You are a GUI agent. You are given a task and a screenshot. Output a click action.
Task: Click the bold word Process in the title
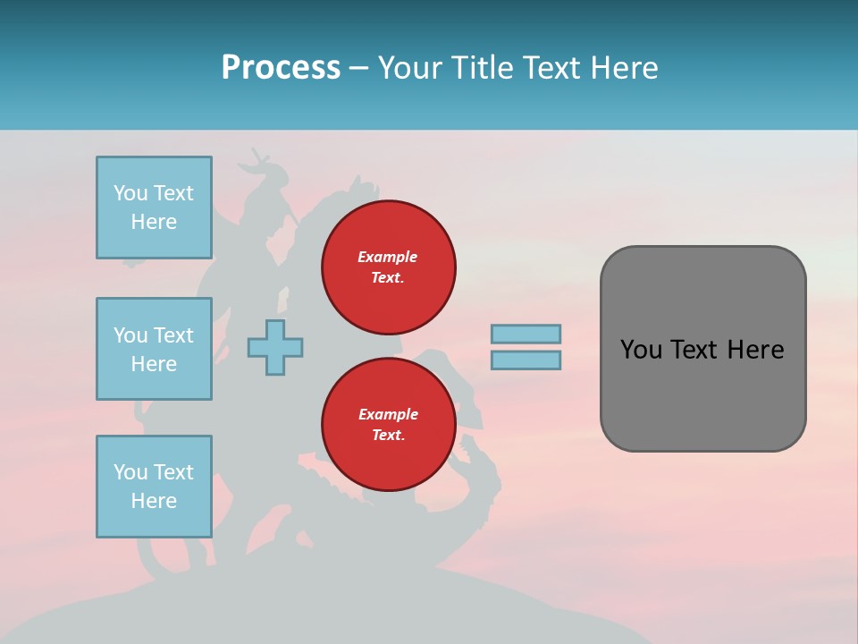(x=281, y=68)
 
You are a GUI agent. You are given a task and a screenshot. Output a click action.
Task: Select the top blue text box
(x=154, y=208)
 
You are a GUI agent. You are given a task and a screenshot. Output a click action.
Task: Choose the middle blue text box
(x=154, y=349)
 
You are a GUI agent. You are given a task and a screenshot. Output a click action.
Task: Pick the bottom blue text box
(x=154, y=487)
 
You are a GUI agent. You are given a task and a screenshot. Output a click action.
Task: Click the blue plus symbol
(x=275, y=347)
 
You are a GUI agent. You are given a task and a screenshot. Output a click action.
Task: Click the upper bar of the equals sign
(x=526, y=334)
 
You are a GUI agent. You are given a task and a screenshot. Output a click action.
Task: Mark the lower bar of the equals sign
(x=526, y=360)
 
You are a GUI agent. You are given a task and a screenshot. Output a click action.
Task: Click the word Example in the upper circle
(x=387, y=257)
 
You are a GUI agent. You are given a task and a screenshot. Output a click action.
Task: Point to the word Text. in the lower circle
(x=388, y=436)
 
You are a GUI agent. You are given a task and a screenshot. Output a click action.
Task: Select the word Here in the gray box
(x=756, y=350)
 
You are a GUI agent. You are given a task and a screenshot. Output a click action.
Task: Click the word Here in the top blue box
(x=154, y=222)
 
